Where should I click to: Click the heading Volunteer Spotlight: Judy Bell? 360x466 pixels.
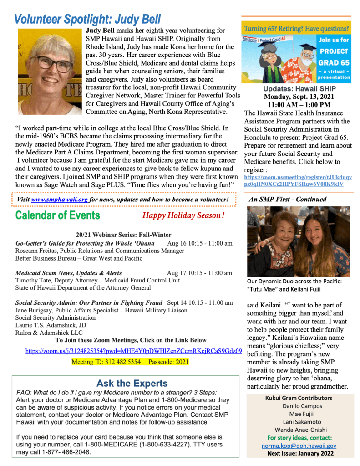(87, 19)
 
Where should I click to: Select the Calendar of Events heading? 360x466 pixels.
(57, 215)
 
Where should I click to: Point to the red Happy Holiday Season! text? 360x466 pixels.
(183, 215)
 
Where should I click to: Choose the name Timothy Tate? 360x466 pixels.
(32, 280)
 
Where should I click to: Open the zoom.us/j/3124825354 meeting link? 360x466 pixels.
(133, 351)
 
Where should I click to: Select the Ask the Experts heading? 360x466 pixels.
(132, 384)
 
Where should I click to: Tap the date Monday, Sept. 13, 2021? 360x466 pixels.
(299, 97)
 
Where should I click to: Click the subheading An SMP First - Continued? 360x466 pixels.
(287, 199)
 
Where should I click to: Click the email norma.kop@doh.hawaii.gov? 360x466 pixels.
(299, 446)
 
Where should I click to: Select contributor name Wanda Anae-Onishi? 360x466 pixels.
(299, 430)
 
